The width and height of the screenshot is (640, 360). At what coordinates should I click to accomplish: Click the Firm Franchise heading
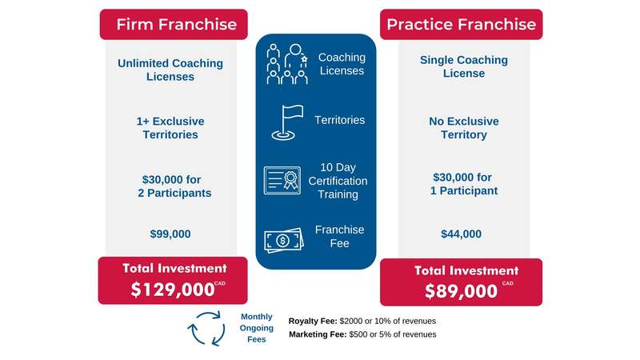click(176, 25)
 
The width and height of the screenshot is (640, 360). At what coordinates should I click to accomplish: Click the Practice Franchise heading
click(462, 25)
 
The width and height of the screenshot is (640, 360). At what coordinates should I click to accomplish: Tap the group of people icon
click(287, 64)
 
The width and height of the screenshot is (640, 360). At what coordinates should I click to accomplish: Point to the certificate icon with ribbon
click(282, 180)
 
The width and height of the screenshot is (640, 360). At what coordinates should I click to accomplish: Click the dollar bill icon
click(284, 240)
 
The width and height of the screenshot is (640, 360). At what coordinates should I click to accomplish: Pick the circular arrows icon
click(206, 328)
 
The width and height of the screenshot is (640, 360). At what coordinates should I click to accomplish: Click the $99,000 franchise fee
click(170, 234)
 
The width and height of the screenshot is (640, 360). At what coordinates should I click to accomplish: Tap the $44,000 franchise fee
click(462, 234)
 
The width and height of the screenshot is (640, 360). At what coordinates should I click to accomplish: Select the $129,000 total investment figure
click(173, 290)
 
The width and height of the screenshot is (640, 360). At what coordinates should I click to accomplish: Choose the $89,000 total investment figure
click(462, 291)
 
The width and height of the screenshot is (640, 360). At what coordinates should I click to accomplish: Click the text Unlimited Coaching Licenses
click(170, 70)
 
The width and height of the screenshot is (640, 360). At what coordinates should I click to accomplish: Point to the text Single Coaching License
click(464, 66)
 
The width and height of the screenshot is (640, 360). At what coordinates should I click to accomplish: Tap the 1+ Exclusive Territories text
click(170, 128)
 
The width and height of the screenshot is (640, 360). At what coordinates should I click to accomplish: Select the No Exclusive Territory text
click(464, 128)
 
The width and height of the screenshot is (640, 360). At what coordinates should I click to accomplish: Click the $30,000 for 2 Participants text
click(174, 186)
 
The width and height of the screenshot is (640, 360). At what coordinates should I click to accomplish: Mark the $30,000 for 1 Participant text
click(464, 184)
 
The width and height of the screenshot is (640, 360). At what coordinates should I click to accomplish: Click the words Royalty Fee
click(313, 322)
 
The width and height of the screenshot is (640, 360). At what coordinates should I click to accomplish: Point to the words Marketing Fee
click(318, 334)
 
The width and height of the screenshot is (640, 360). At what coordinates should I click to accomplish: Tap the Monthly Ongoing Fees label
click(256, 328)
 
